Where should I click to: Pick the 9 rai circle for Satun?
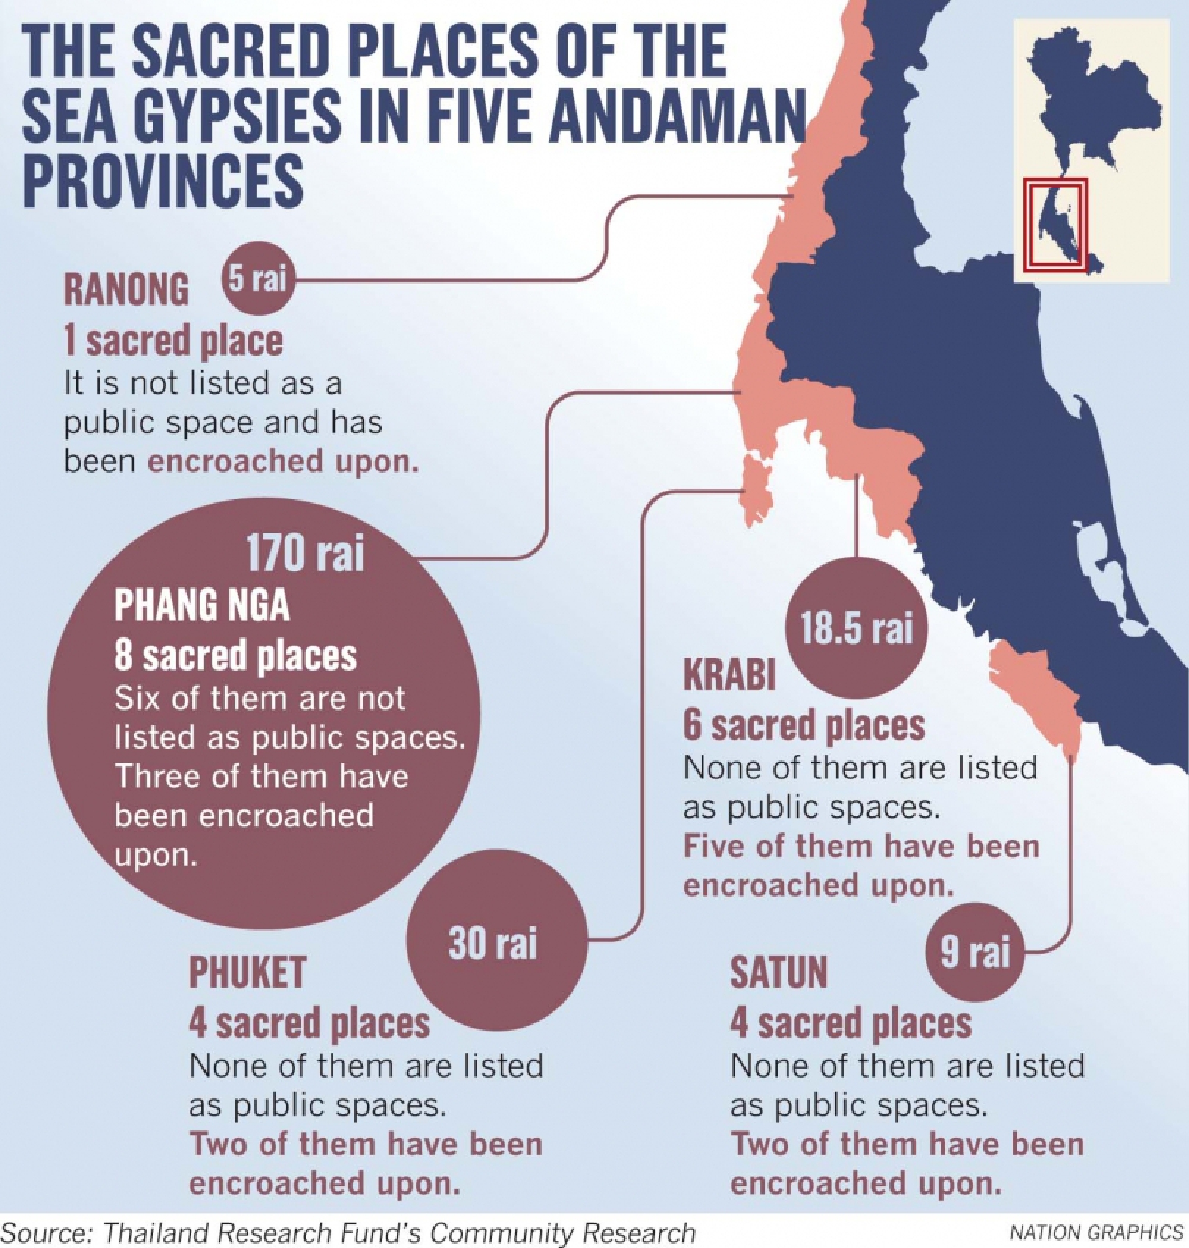[x=975, y=952]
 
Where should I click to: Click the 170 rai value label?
[x=304, y=553]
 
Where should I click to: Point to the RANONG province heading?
[x=126, y=290]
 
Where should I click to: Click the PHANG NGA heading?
[x=202, y=606]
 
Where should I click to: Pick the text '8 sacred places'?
[x=235, y=656]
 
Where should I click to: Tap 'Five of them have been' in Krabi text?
[x=861, y=847]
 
